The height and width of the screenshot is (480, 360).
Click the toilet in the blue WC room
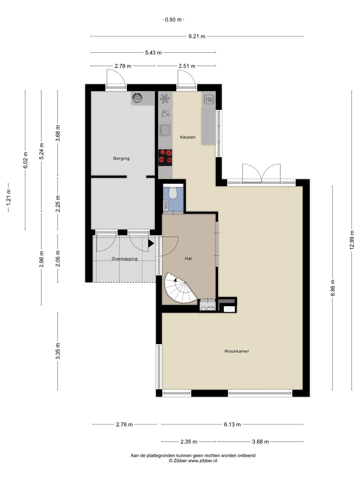173,192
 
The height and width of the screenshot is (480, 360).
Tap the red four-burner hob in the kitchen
165,157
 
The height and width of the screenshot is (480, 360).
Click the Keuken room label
188,137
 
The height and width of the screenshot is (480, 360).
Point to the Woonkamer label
237,351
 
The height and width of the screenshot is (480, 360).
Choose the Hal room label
188,258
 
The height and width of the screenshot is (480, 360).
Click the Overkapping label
124,259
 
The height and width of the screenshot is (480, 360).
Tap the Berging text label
121,158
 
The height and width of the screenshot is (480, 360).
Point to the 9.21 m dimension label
197,36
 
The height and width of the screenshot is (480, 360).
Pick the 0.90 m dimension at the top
173,20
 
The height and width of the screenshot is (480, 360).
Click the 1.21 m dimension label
8,197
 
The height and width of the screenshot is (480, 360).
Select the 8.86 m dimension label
332,288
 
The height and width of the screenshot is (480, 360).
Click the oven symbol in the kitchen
209,100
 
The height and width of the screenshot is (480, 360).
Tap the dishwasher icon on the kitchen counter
166,113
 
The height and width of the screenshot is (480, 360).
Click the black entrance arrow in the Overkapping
151,243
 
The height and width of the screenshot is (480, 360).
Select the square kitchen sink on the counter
165,130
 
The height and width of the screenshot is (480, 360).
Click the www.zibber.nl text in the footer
203,461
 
